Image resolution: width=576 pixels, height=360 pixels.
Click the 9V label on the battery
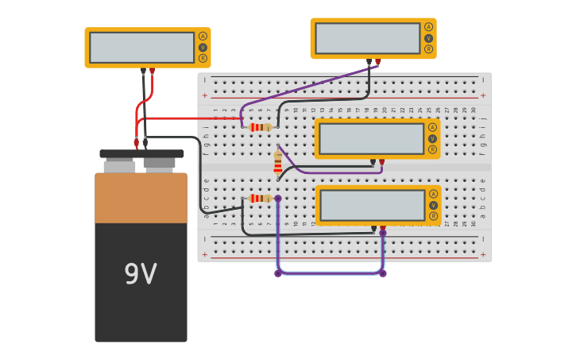pos(141,275)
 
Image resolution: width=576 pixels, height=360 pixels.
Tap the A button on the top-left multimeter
pos(203,37)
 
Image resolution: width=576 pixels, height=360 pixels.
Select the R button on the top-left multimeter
pos(203,58)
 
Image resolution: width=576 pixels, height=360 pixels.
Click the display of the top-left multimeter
pos(141,48)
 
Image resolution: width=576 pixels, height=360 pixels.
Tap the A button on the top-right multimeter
pos(428,27)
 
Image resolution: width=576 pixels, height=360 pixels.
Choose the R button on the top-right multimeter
pos(428,48)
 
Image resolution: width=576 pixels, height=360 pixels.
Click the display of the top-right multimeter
pos(367,38)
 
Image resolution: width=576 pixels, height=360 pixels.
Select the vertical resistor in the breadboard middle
pos(277,163)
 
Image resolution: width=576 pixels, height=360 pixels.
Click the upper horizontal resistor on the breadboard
pos(260,127)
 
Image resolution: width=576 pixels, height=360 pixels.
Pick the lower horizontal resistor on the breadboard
pos(260,199)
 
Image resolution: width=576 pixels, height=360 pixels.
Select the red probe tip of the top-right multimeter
pos(378,62)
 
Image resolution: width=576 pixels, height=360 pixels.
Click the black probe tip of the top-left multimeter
pos(143,72)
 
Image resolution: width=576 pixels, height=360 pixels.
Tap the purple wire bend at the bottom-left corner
pos(278,273)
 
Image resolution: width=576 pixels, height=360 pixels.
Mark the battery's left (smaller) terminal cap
pos(119,166)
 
